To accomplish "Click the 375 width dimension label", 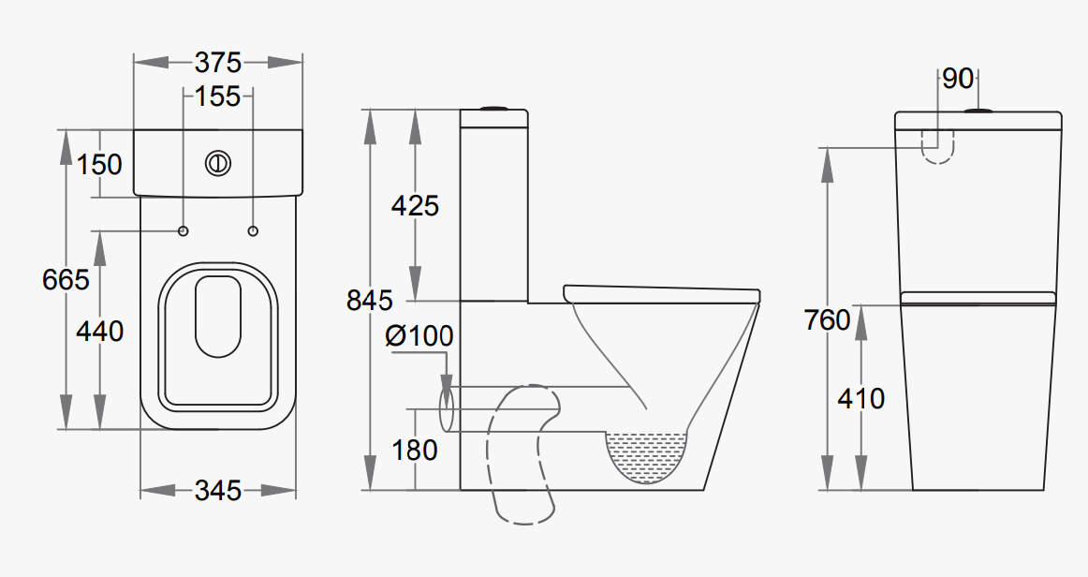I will [x=218, y=63].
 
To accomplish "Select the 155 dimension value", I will [x=218, y=96].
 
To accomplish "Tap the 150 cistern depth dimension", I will [x=99, y=164].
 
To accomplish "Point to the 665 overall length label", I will [x=66, y=279].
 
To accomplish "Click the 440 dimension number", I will [x=99, y=331].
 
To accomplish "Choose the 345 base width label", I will [x=218, y=490].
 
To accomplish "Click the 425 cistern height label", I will [x=415, y=205].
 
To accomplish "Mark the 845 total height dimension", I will [x=370, y=301].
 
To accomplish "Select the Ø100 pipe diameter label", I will [x=419, y=335].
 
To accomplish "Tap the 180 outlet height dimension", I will [x=415, y=451].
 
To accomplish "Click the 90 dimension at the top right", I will [x=958, y=80].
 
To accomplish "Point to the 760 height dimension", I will [x=828, y=320].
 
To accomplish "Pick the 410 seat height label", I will [x=861, y=398].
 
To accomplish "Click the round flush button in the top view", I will [x=218, y=163].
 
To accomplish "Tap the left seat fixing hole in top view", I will [x=183, y=230].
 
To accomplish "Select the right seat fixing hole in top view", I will [x=254, y=230].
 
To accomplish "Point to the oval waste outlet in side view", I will [x=447, y=409].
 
